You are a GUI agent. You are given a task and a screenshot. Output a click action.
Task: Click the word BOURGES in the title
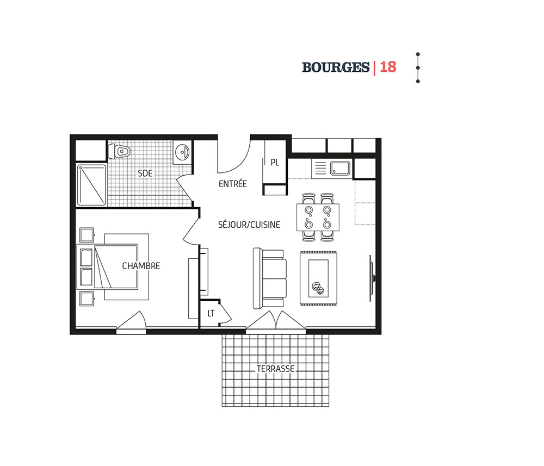tap(336, 67)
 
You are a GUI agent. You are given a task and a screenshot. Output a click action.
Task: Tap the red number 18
tap(388, 67)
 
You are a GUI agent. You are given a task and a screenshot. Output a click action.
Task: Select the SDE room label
tap(145, 173)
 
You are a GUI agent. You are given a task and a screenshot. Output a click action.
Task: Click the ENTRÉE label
tap(232, 183)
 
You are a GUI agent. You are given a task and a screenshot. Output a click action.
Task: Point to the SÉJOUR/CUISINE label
tap(249, 225)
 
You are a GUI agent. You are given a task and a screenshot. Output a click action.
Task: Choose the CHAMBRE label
tap(141, 266)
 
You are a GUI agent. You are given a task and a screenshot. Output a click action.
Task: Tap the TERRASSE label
tap(275, 369)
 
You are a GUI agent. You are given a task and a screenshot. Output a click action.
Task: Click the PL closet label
tap(275, 162)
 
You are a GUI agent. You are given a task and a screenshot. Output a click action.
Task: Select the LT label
tap(211, 313)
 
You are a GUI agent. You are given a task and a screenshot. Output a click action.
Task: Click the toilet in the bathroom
tap(119, 152)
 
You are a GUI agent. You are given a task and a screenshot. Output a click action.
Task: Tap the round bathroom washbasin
tap(182, 152)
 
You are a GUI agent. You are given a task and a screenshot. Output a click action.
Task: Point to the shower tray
tap(91, 185)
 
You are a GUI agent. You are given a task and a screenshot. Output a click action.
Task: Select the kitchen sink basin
tap(340, 168)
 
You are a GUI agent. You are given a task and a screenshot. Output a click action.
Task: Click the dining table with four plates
tap(318, 218)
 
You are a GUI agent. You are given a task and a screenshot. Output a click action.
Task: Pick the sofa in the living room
tap(270, 278)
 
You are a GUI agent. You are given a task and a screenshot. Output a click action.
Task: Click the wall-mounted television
tap(371, 278)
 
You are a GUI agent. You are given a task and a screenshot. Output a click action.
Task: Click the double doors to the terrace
tap(276, 320)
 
